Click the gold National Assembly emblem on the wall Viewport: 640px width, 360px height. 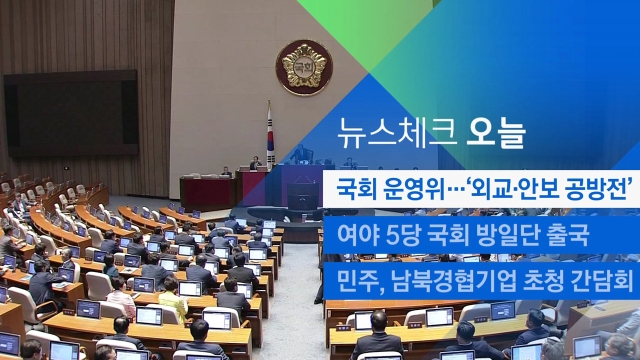[304, 67]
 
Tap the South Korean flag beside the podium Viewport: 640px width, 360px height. [270, 135]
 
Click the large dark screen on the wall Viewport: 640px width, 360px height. [71, 113]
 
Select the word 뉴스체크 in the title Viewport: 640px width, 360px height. [396, 133]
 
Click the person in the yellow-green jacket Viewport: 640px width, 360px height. [173, 299]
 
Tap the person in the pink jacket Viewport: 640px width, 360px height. [120, 297]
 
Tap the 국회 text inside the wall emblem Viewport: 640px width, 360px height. [304, 66]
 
